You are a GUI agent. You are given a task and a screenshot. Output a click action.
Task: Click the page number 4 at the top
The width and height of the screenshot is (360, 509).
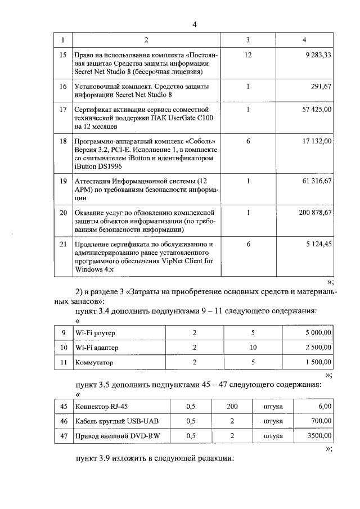(194, 24)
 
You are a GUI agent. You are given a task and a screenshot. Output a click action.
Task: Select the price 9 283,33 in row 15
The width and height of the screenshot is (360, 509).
(316, 56)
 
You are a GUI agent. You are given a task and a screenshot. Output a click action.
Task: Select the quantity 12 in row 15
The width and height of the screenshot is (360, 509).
(248, 56)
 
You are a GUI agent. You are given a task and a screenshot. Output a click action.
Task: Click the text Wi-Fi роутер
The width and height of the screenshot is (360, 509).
(95, 333)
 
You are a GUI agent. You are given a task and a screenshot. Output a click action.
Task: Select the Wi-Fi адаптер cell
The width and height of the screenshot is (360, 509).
(97, 348)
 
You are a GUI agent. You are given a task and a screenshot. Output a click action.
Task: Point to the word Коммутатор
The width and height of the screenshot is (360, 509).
(94, 363)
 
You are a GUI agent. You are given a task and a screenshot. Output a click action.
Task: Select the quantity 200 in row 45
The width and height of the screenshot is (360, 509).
(232, 406)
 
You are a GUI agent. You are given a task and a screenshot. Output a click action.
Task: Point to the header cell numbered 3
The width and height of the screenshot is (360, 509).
(248, 39)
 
